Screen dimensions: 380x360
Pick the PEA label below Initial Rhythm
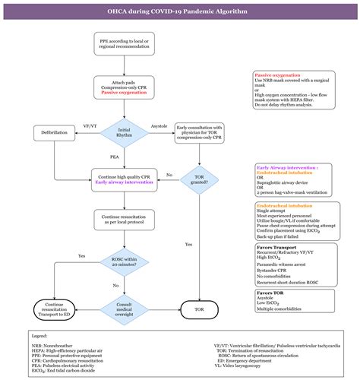(x=114, y=158)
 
